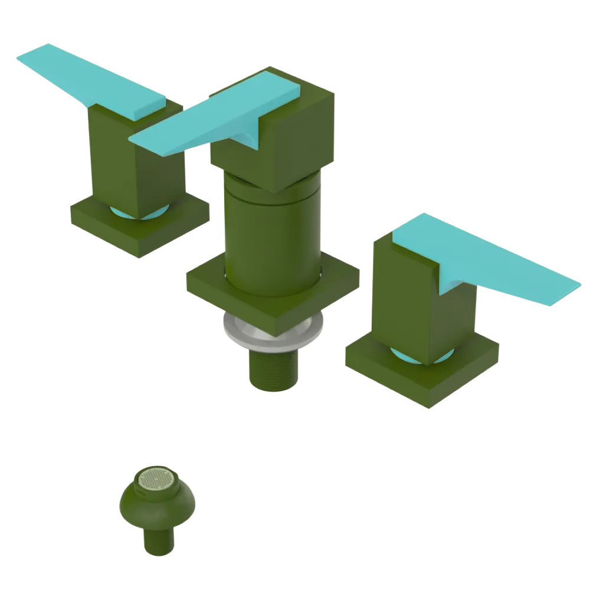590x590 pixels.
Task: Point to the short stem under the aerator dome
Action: click(158, 540)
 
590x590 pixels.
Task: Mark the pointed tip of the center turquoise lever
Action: click(133, 140)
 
